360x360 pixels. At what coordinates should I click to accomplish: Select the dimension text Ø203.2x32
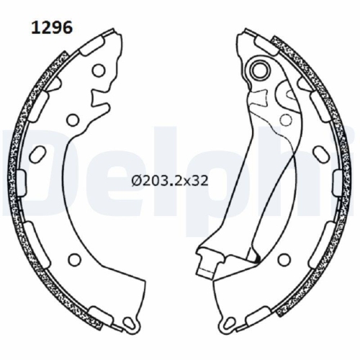(x=170, y=180)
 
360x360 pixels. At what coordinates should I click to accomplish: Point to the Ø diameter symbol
(x=136, y=180)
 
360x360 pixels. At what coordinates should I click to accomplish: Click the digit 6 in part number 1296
(x=67, y=28)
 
